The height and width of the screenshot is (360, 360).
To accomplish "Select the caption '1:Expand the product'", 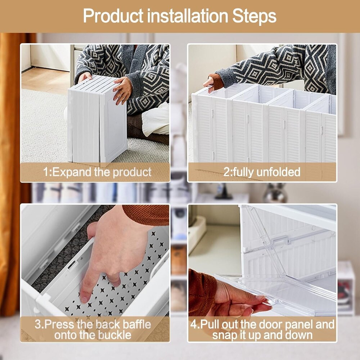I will [97, 172].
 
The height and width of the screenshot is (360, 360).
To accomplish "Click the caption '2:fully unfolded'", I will [262, 172].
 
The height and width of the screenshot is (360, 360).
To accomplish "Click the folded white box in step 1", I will [96, 119].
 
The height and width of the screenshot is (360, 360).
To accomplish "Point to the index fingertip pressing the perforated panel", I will [85, 297].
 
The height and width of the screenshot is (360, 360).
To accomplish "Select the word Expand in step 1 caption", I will [71, 172].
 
